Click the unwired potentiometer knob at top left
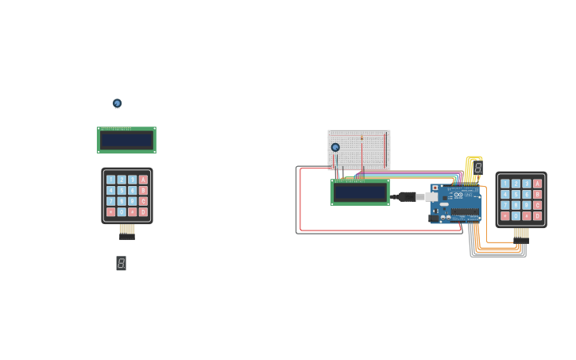(x=117, y=103)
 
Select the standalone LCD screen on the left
(x=126, y=141)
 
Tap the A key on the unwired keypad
(x=143, y=180)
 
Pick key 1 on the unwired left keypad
(x=110, y=180)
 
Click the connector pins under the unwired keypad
(x=127, y=232)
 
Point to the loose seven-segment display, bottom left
(x=121, y=263)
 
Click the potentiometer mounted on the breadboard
(x=335, y=147)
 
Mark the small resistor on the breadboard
(x=361, y=138)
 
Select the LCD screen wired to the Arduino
(x=360, y=192)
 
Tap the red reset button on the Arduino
(x=435, y=188)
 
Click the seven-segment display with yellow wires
(x=477, y=168)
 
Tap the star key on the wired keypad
(x=505, y=216)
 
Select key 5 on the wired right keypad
(x=516, y=195)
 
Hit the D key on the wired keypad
(x=538, y=216)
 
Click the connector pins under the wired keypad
(x=521, y=235)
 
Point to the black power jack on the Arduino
(x=434, y=218)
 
